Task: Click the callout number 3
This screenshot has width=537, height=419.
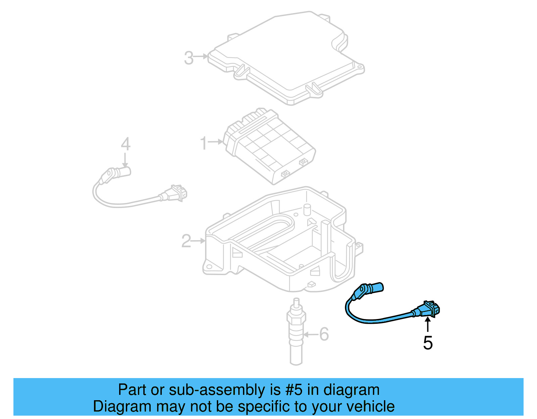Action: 189,58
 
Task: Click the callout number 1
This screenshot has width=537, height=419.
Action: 203,143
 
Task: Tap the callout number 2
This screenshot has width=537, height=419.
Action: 186,241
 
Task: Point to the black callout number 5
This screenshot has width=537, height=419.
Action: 428,343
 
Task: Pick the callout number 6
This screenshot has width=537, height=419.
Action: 324,334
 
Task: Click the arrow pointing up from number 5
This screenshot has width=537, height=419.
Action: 428,325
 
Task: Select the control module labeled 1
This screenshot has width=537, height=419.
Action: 268,146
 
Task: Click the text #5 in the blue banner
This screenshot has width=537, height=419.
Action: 294,390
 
